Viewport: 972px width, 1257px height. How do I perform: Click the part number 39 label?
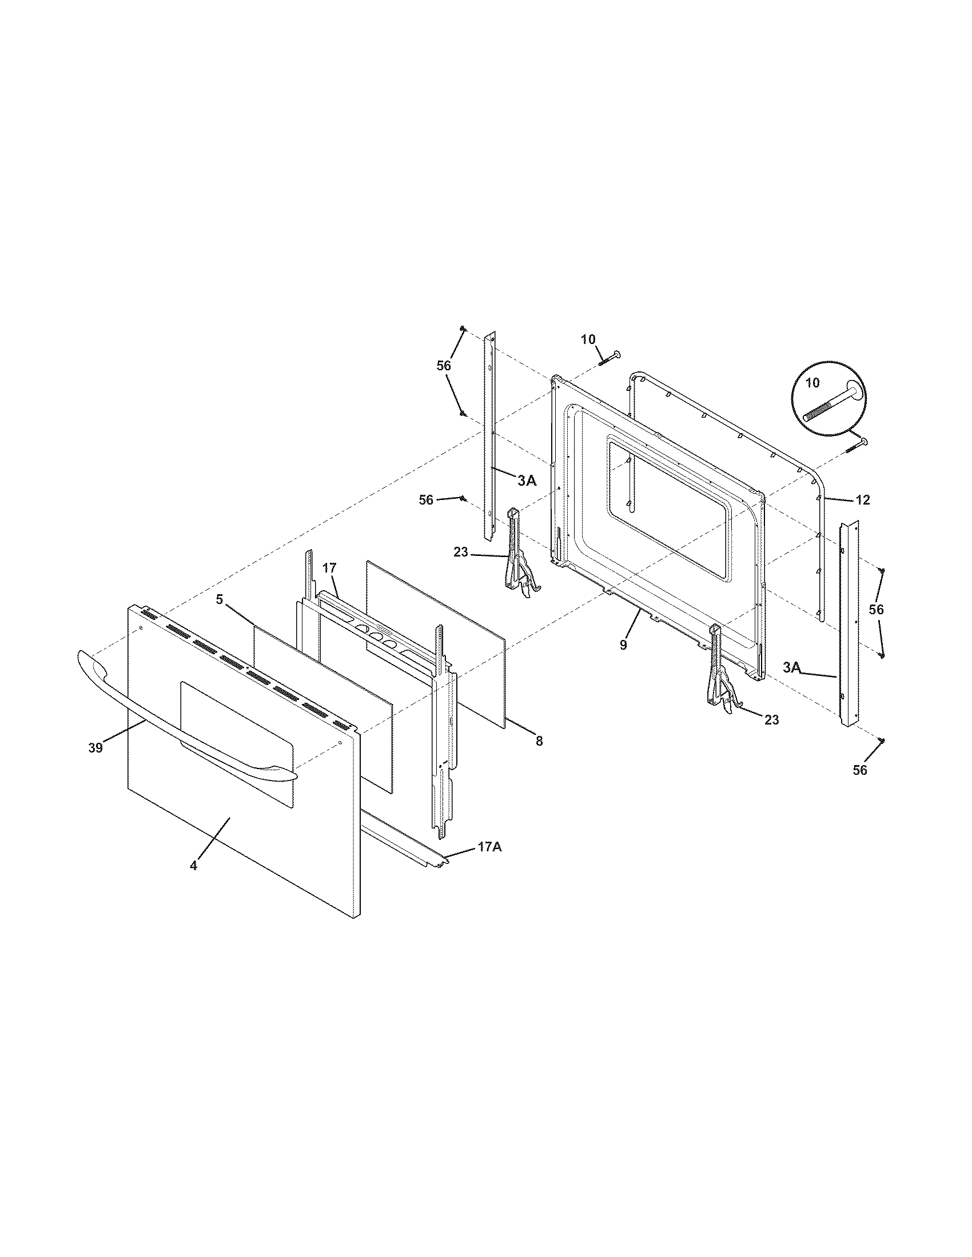pos(95,748)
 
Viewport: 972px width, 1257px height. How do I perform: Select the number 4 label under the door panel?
pos(193,881)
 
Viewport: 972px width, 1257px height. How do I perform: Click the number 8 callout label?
pos(539,742)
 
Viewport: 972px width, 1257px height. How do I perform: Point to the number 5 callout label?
pos(220,599)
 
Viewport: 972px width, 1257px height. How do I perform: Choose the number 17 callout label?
pos(329,568)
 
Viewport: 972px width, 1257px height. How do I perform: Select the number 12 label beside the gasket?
pos(862,500)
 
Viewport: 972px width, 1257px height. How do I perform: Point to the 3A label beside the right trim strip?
pos(792,667)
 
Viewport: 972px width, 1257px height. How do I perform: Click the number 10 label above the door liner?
pos(588,339)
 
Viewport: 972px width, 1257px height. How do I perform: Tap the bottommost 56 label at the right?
pos(859,770)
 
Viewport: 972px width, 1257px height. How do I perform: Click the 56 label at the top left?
pos(443,366)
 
